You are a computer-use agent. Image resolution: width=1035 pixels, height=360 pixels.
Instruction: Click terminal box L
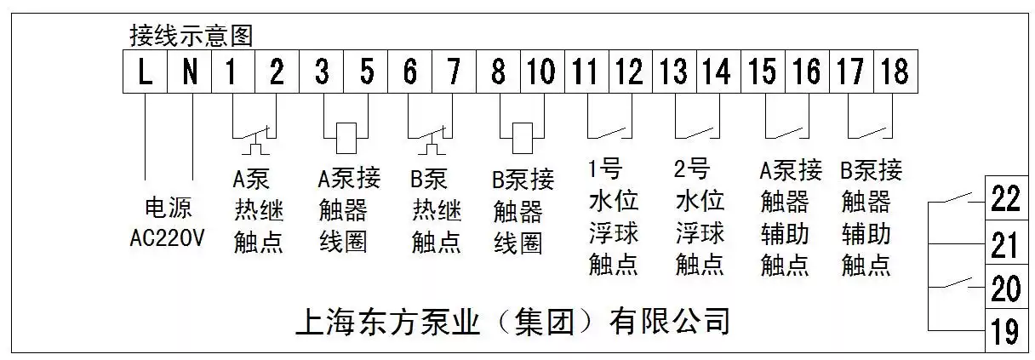tap(146, 71)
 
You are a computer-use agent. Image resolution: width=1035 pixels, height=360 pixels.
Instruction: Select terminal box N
tap(191, 71)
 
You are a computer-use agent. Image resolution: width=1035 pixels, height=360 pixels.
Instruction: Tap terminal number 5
tap(367, 71)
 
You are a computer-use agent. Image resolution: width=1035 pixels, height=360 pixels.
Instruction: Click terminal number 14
tap(717, 71)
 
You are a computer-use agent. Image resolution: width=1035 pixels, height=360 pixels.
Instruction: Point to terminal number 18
tap(894, 71)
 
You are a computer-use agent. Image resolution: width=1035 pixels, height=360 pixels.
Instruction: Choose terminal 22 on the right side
tap(1005, 201)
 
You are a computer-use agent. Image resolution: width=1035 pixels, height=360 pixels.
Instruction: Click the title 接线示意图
tap(191, 36)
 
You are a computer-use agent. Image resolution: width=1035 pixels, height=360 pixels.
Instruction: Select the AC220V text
tap(168, 237)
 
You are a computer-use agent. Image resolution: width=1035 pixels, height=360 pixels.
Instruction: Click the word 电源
tap(168, 209)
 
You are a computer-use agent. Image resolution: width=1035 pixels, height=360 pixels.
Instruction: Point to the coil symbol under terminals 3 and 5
tap(345, 135)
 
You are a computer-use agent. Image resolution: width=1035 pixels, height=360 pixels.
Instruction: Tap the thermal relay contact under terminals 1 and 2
tap(254, 136)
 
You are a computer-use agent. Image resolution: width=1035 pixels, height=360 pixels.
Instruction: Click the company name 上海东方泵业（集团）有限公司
tap(512, 323)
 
